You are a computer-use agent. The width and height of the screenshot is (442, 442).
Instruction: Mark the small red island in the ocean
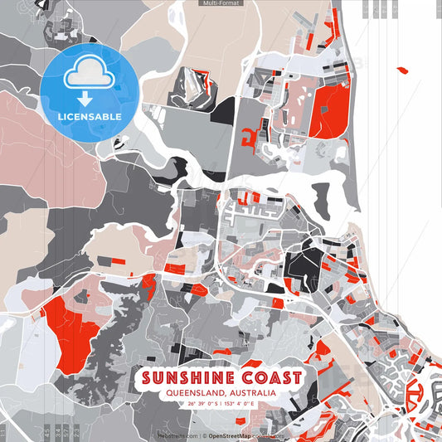(x=403, y=70)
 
